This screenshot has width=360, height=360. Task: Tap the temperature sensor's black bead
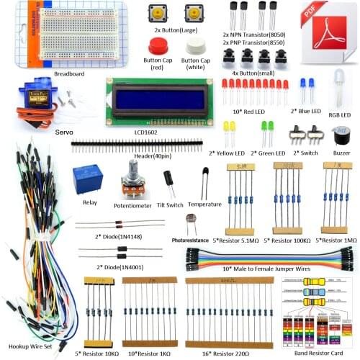coord(205,173)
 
